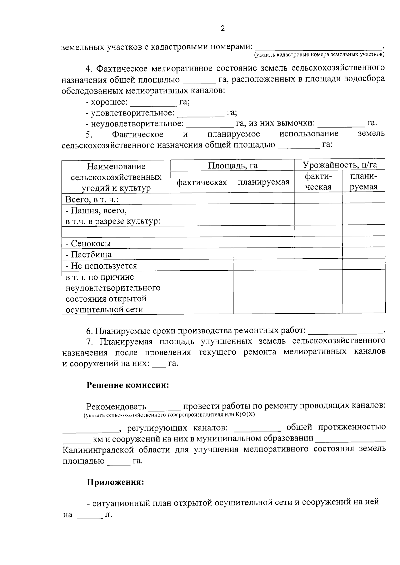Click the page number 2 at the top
[223, 28]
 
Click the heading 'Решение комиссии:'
[128, 385]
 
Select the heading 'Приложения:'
[116, 482]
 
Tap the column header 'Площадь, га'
[233, 165]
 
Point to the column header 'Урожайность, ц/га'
[340, 164]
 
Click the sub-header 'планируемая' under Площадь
[264, 182]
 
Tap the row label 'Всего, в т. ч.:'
[92, 199]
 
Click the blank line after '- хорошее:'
[153, 104]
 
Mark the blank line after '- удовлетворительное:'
[201, 115]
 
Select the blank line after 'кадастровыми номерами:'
[319, 48]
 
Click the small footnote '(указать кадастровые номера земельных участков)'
[319, 54]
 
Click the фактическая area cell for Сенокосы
[202, 243]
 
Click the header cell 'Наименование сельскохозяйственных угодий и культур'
[116, 177]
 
